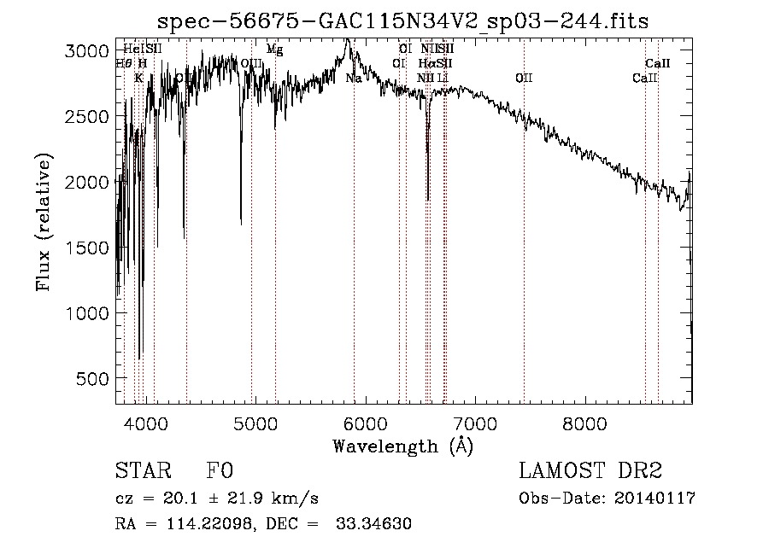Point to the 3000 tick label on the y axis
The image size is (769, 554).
pos(86,51)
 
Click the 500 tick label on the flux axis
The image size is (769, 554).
pos(93,379)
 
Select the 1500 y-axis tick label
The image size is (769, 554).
pos(86,248)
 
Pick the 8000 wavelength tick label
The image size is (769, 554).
pos(584,423)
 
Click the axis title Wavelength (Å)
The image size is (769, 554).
pos(403,446)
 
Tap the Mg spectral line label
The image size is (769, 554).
pos(274,50)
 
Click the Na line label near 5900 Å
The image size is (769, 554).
pos(353,79)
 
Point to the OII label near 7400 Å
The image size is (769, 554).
pos(524,79)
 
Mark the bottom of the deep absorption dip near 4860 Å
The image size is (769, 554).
pos(241,223)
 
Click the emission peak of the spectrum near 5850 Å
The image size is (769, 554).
pos(347,39)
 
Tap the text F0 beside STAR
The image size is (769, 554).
pos(220,472)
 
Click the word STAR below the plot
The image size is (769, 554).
pos(142,472)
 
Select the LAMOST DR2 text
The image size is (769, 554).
pos(590,472)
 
